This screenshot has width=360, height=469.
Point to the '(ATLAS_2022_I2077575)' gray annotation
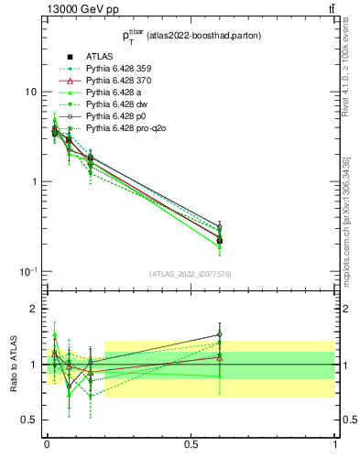(x=190, y=273)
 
